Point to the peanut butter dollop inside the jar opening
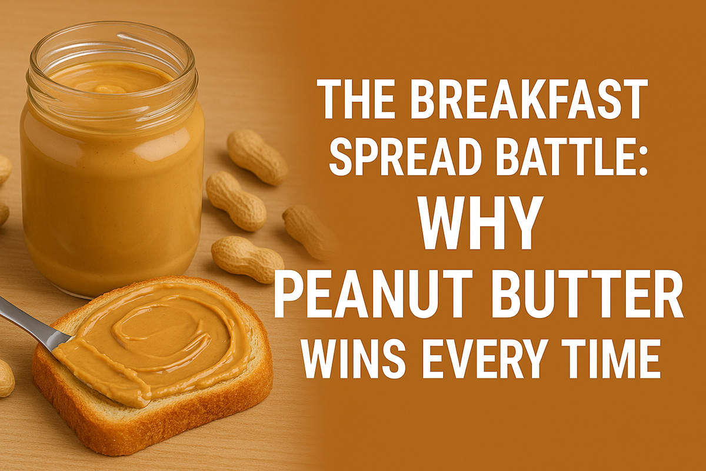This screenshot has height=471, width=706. (111, 88)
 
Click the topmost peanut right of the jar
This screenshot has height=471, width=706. (257, 157)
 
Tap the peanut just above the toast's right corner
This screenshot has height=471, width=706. (248, 258)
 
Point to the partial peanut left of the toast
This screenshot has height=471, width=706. (6, 377)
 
